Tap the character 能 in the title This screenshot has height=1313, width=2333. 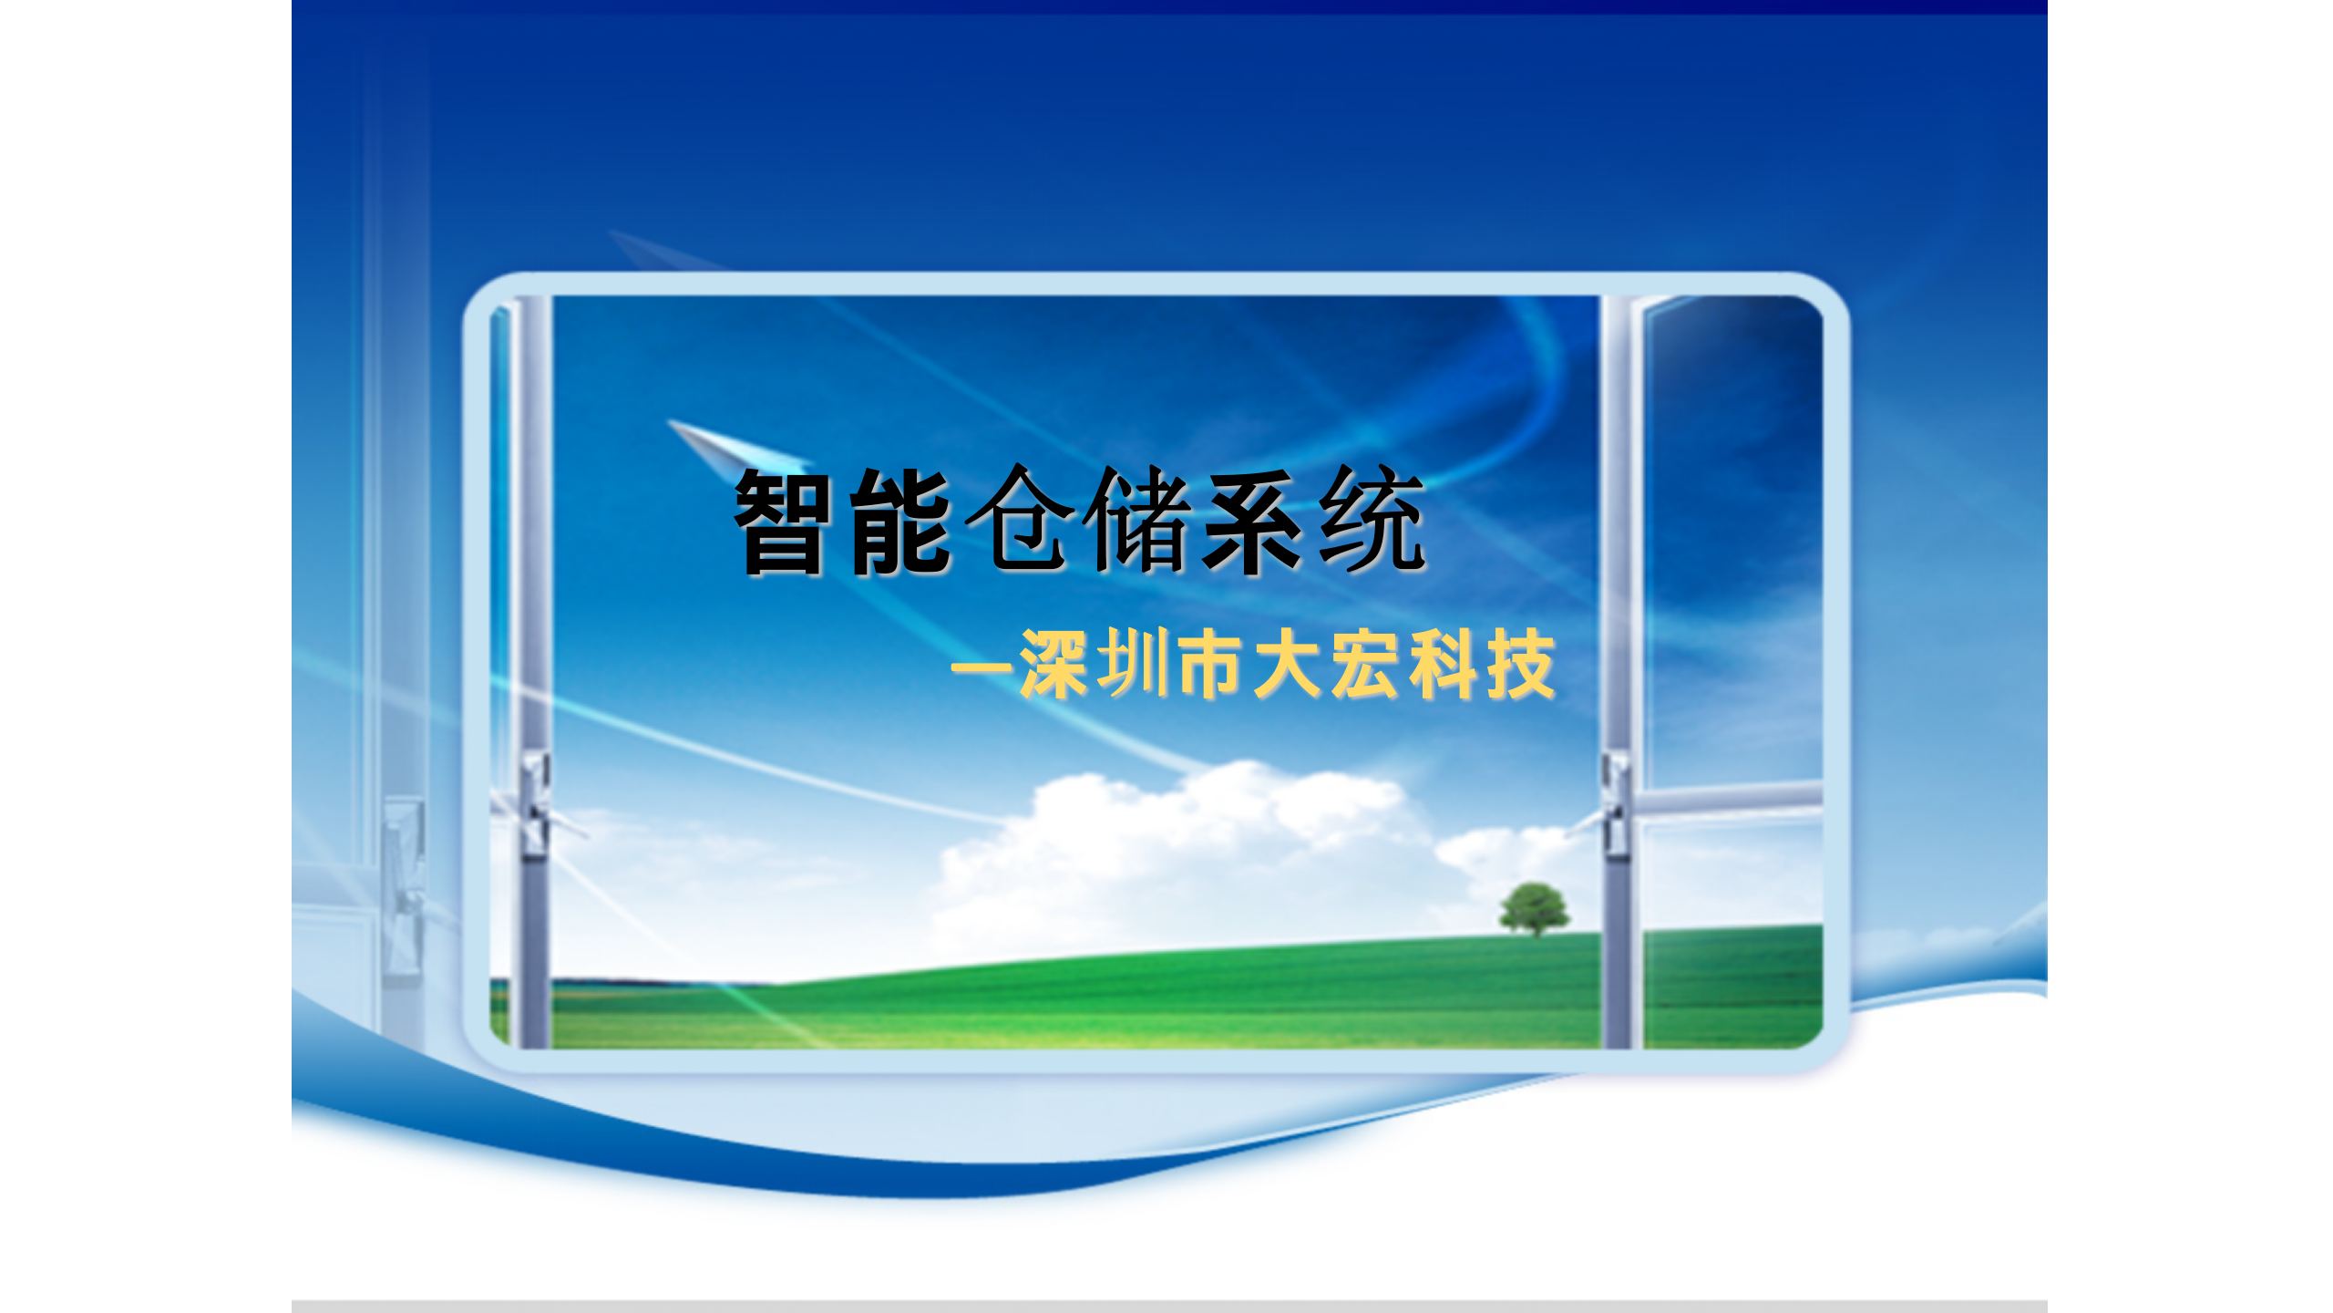(x=902, y=523)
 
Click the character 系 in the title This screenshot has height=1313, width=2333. (x=1254, y=522)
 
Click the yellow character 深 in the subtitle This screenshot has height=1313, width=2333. (x=1053, y=666)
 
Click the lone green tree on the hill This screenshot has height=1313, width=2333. (x=1535, y=907)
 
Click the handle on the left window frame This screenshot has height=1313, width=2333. (x=536, y=802)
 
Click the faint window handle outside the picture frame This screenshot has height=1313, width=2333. (x=401, y=875)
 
